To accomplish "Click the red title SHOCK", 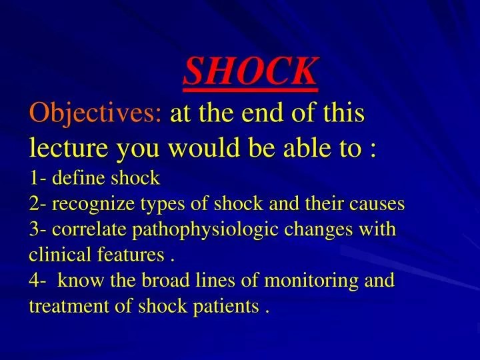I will coord(251,70).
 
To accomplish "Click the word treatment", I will coord(61,307).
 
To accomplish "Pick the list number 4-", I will coord(38,281).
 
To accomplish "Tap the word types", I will coord(161,204).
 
